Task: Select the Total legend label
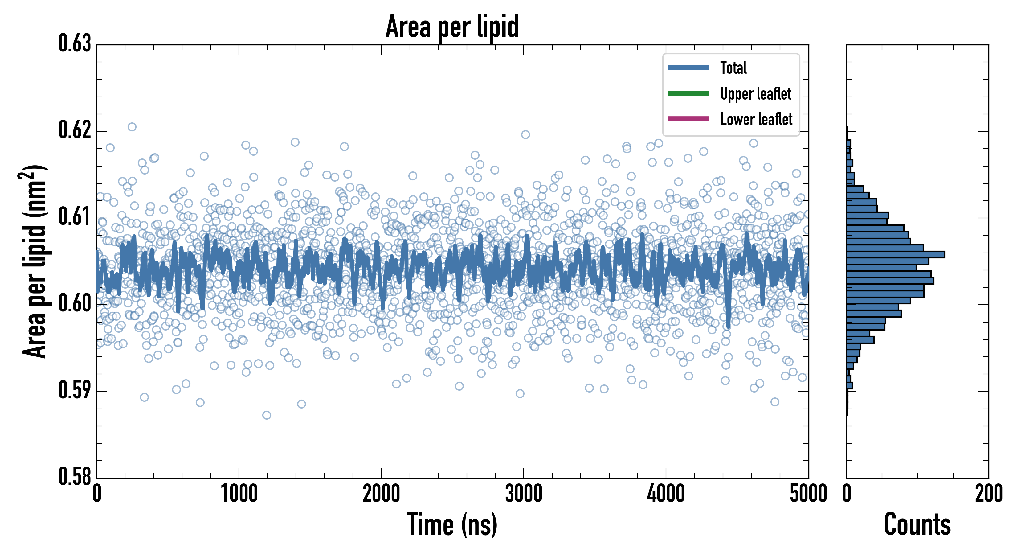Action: (x=733, y=68)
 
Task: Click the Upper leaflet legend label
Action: (x=755, y=94)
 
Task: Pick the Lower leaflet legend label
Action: (x=756, y=119)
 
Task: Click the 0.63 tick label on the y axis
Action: (x=75, y=43)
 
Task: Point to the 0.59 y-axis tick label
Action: (x=75, y=390)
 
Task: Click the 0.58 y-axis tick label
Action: (x=75, y=477)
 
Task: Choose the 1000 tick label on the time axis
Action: (x=239, y=494)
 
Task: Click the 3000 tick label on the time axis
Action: (x=524, y=494)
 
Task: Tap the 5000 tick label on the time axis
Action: (x=808, y=494)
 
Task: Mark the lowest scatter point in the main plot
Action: (x=267, y=415)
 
